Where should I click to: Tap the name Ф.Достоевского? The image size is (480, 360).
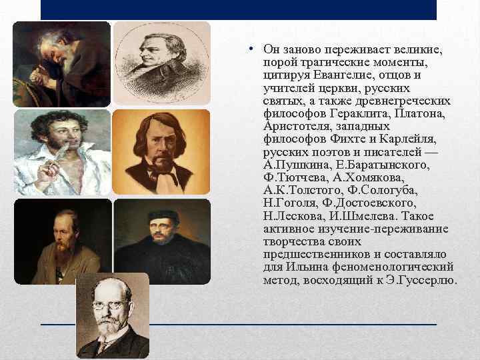(x=378, y=202)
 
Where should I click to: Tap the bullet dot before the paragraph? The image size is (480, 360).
(x=247, y=51)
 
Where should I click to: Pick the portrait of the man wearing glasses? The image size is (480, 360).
(x=112, y=315)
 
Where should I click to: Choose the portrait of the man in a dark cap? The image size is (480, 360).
(x=161, y=241)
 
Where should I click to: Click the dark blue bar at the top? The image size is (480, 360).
(x=239, y=9)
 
